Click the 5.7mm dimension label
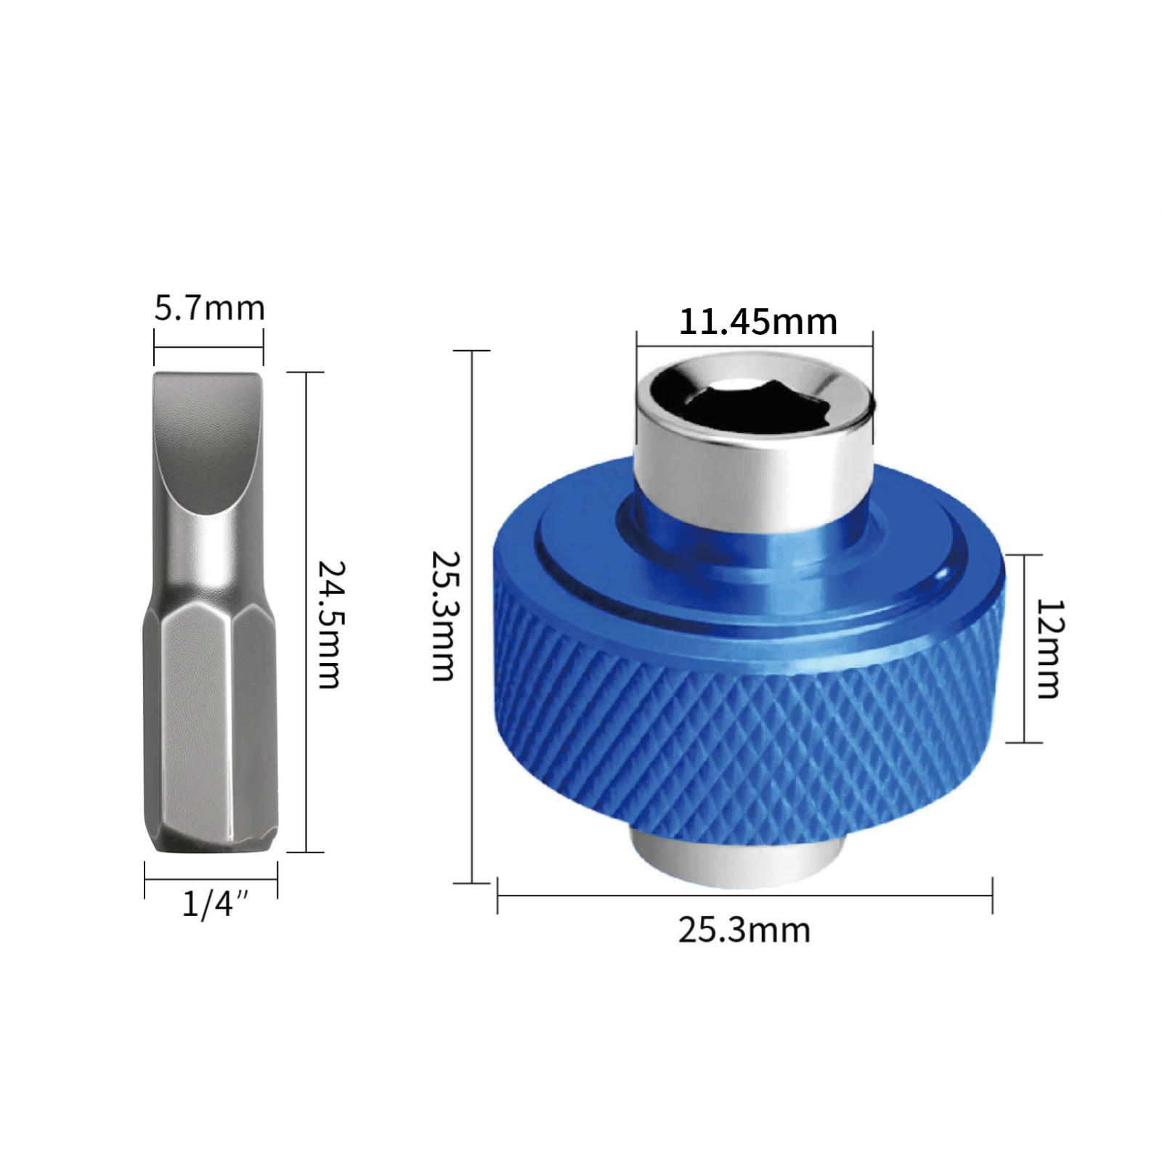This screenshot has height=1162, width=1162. pyautogui.click(x=209, y=309)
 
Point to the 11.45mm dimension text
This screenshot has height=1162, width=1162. pyautogui.click(x=757, y=322)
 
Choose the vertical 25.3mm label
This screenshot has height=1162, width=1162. pyautogui.click(x=442, y=615)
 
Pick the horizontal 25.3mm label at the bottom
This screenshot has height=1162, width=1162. pyautogui.click(x=744, y=930)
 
